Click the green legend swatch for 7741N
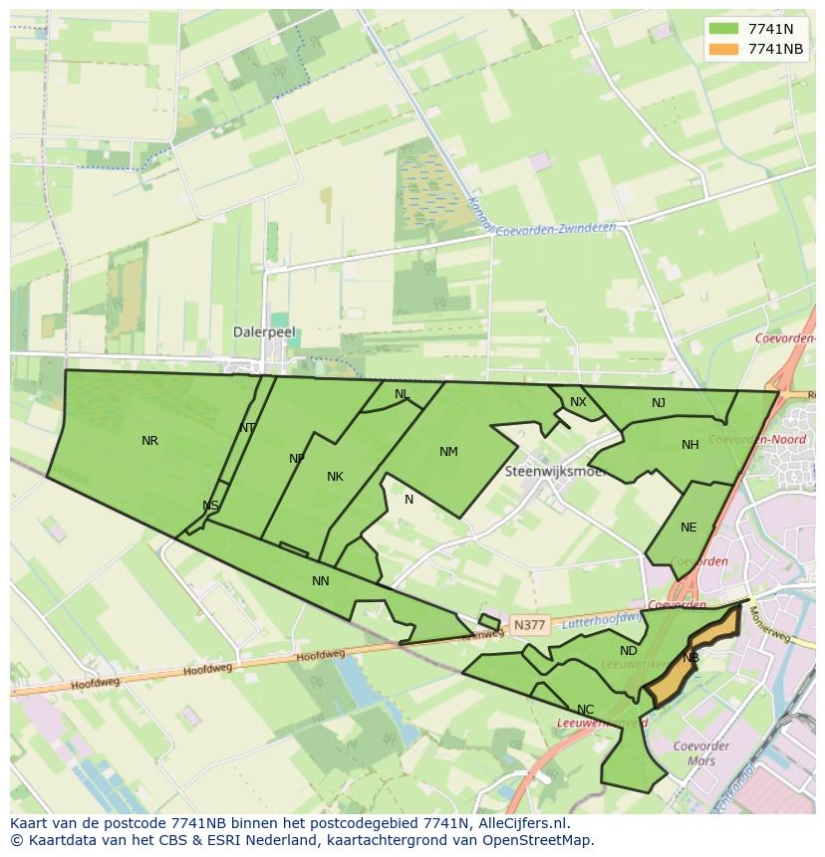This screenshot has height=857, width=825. click(723, 29)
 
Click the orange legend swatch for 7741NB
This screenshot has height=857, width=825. click(723, 49)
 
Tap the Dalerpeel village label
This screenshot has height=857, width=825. click(264, 332)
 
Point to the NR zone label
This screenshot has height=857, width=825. click(149, 441)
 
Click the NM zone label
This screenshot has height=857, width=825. click(448, 452)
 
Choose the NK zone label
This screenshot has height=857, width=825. click(335, 477)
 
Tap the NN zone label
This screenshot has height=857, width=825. click(320, 581)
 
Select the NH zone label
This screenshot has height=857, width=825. click(689, 445)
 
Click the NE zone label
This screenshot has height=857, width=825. click(688, 528)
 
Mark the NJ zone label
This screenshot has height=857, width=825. click(659, 403)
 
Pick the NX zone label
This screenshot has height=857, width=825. click(578, 402)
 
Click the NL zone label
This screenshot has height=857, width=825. click(402, 394)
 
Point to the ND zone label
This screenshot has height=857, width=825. click(628, 651)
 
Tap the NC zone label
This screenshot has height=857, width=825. click(585, 710)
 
